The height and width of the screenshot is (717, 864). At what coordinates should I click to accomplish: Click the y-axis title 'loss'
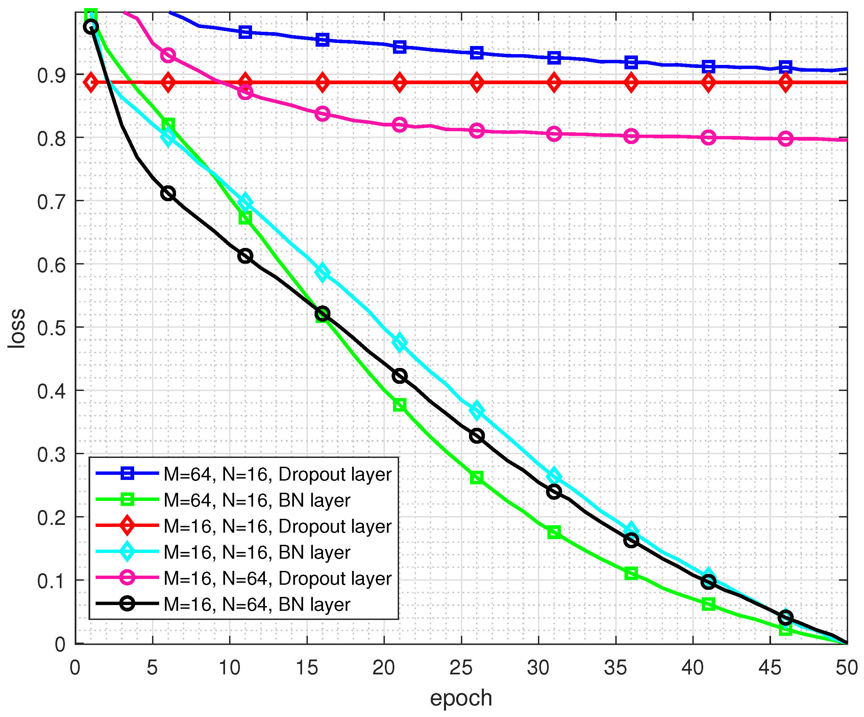17,328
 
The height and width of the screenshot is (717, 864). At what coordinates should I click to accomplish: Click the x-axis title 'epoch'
461,698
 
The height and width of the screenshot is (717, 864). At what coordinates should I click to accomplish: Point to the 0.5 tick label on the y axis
51,328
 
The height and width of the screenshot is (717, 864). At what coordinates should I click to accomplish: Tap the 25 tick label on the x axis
461,667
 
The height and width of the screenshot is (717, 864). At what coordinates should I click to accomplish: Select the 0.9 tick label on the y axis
51,75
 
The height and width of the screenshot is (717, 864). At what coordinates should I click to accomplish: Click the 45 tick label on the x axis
770,667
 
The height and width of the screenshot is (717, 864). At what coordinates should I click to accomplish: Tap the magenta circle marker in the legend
127,577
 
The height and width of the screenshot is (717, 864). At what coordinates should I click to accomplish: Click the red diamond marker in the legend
127,526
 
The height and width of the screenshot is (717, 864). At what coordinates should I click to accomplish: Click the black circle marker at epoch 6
168,193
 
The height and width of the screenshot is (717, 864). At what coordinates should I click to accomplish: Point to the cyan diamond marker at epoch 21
399,342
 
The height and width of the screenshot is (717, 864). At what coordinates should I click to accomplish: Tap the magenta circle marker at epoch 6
168,55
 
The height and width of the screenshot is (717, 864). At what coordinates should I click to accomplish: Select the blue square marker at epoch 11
245,32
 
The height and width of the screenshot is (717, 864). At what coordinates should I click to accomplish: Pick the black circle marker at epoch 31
554,492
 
